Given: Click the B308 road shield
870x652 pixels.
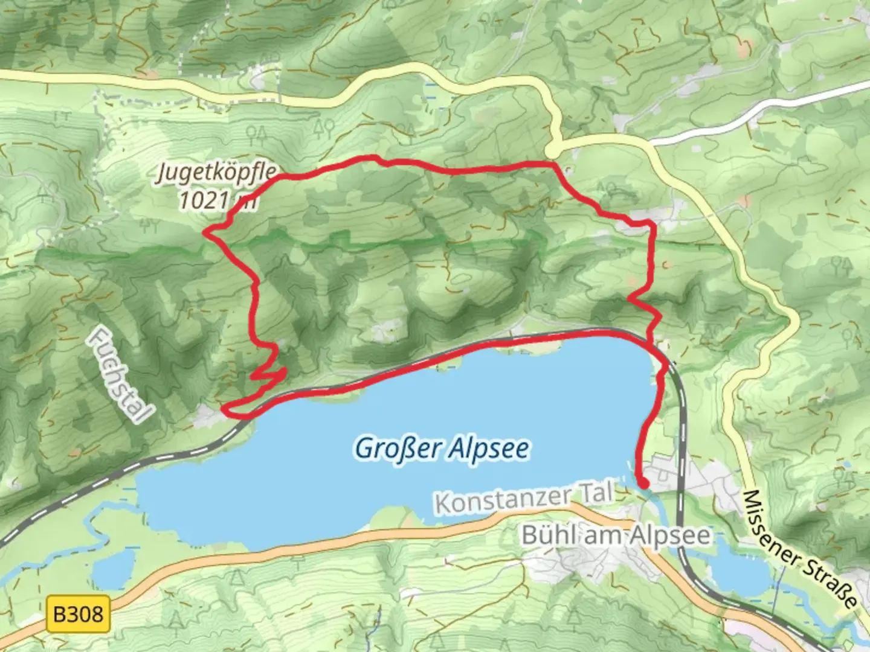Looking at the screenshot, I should coord(78,615).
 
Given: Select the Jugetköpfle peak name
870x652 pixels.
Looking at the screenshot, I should coord(217,172).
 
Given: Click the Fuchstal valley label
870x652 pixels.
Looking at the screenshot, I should coord(120,375).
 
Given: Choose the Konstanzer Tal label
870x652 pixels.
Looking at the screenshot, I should coord(523,497).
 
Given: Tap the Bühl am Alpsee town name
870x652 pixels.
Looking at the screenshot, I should coord(616,535).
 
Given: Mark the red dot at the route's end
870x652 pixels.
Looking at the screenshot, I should coord(644,483).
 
